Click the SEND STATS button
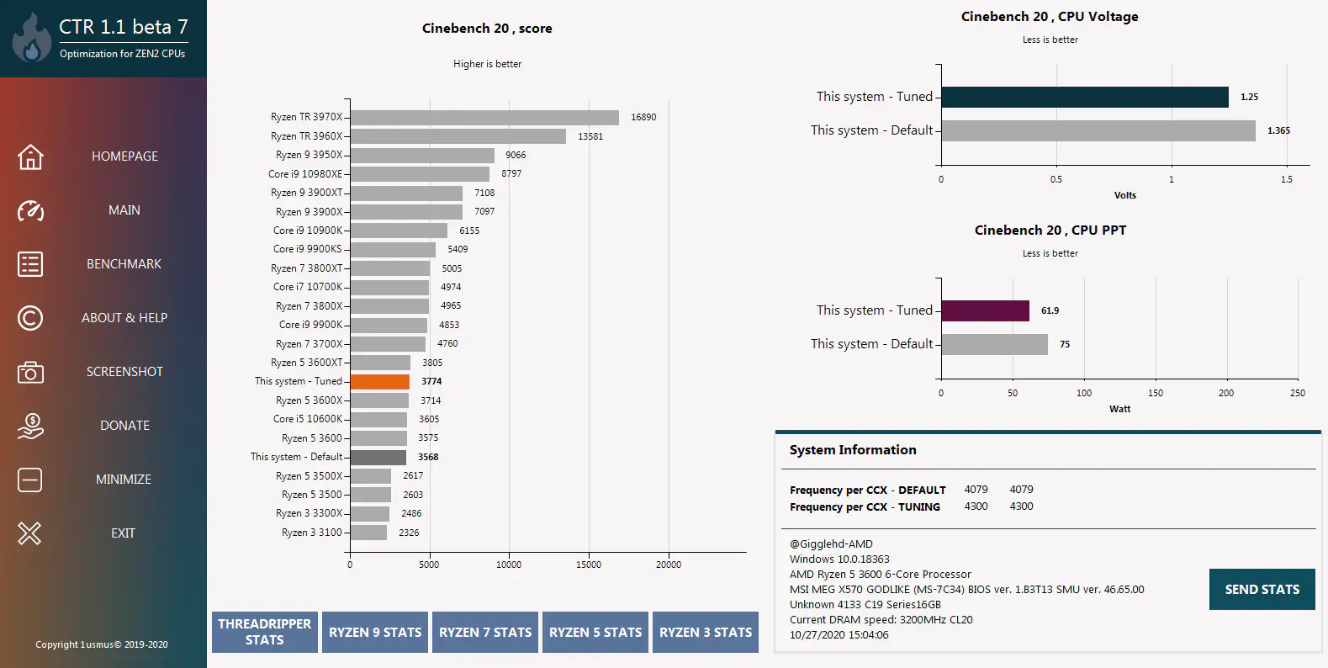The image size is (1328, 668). [x=1262, y=589]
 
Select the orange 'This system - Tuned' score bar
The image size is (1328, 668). [x=379, y=381]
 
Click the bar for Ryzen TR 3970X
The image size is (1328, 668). [x=484, y=117]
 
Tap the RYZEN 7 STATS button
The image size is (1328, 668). [x=485, y=632]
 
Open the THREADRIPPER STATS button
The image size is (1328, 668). [x=265, y=632]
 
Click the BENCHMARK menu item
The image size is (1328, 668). [x=124, y=264]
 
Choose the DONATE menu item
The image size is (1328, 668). [x=124, y=426]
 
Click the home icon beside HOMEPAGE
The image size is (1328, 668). [x=30, y=156]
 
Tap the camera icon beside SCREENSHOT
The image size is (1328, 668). [x=30, y=372]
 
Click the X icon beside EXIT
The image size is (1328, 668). [x=29, y=533]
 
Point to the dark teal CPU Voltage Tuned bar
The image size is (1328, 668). [x=1085, y=97]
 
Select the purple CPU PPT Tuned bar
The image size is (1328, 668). [x=985, y=310]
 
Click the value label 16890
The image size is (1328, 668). [x=643, y=117]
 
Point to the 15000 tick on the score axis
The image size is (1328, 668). [x=589, y=565]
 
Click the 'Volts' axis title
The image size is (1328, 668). [x=1124, y=195]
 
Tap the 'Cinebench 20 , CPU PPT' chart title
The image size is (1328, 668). [x=1050, y=231]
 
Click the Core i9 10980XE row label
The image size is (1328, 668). [x=305, y=174]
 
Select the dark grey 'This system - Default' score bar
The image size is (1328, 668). [x=378, y=457]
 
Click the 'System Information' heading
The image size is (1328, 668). [x=853, y=450]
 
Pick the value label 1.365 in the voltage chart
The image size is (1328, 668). [x=1278, y=130]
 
